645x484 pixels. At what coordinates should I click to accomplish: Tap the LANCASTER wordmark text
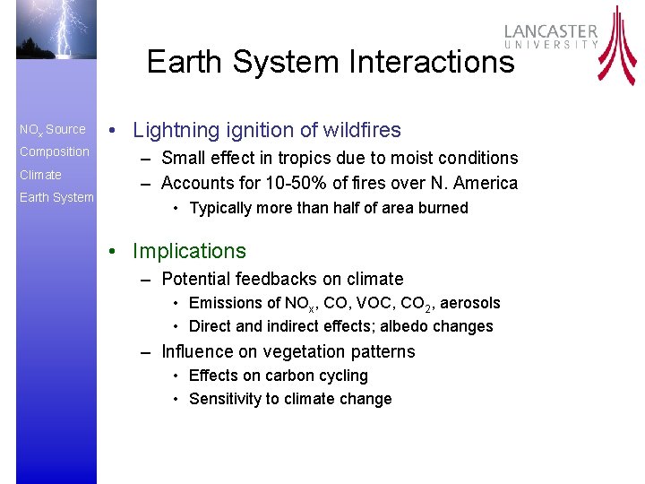tap(550, 30)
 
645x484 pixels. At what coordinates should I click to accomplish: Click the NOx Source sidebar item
tap(53, 130)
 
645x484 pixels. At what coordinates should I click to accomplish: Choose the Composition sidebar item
tap(55, 152)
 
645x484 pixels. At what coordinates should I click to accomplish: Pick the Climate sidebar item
tap(40, 175)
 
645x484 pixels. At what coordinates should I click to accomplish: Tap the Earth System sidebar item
tap(56, 197)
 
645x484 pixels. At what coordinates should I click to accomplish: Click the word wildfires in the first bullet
tap(360, 130)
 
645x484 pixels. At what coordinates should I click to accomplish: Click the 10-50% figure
tap(277, 183)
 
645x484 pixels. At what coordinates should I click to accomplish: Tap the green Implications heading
tap(189, 251)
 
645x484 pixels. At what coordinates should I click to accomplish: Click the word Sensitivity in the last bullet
tap(224, 399)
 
